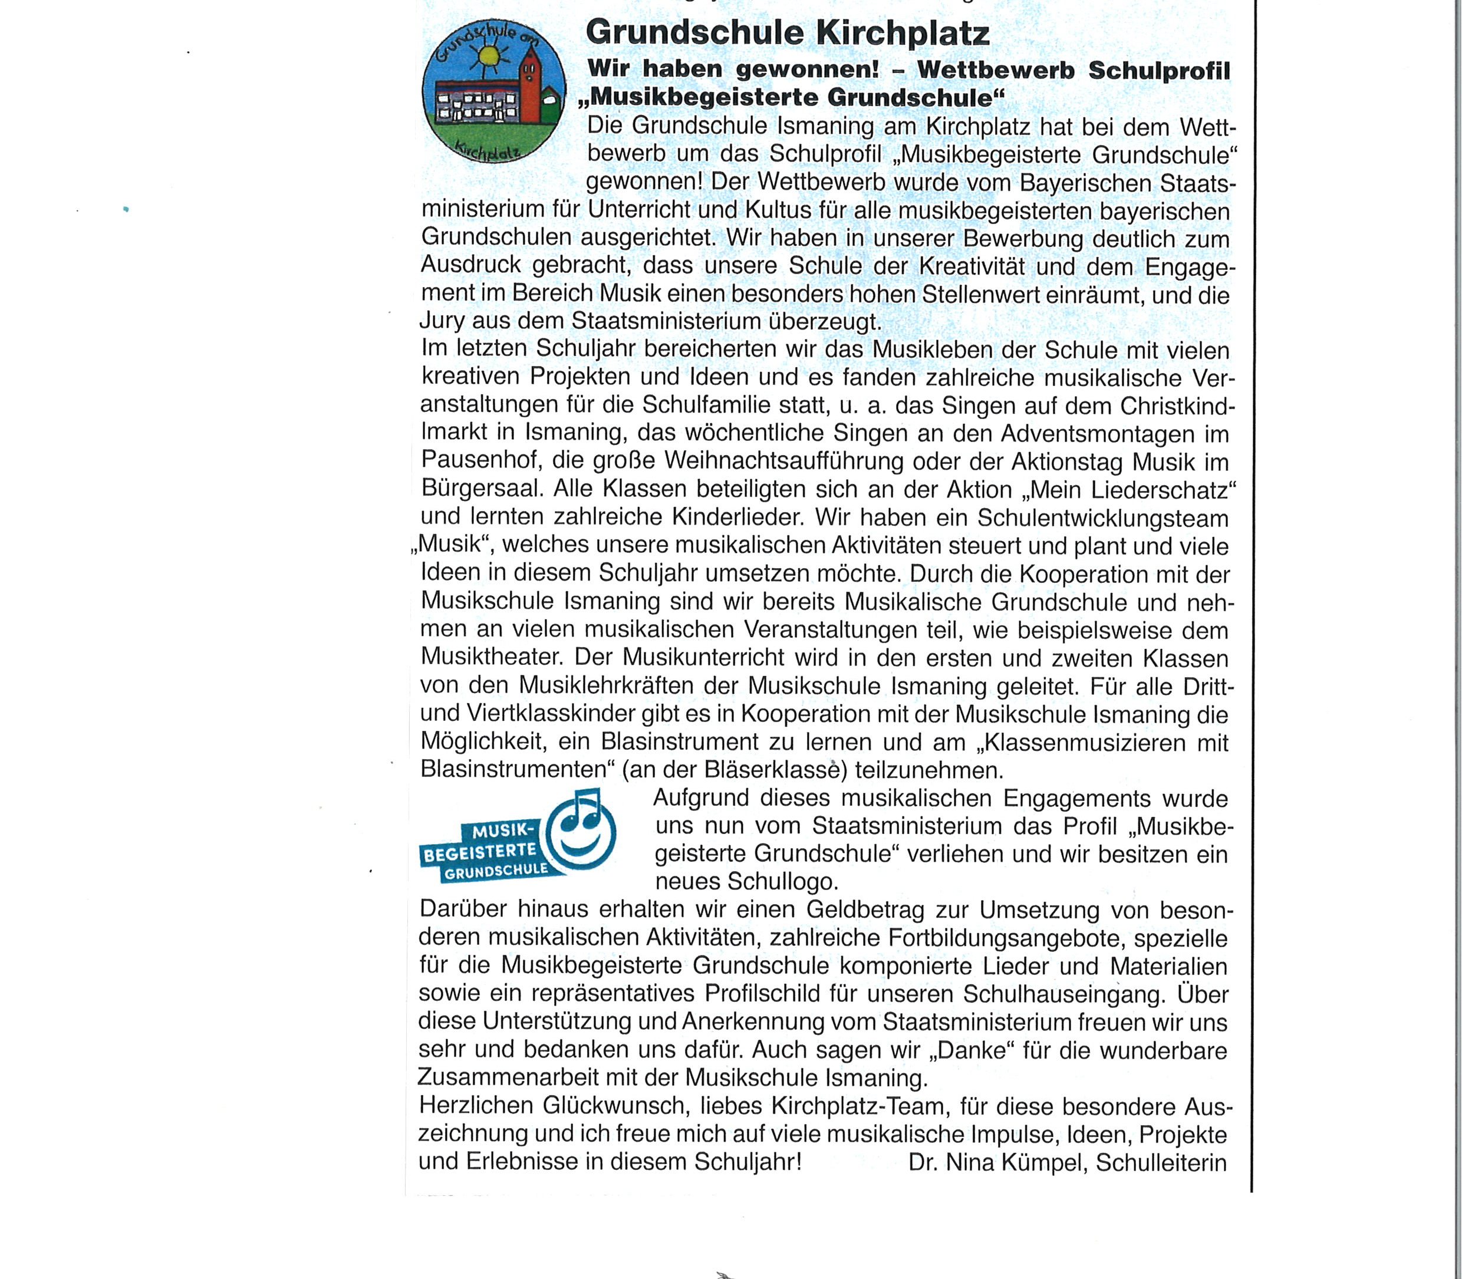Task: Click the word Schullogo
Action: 782,882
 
